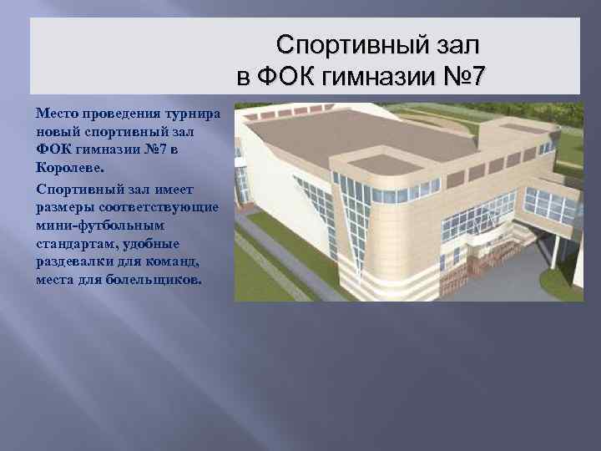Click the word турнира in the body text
point(193,113)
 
